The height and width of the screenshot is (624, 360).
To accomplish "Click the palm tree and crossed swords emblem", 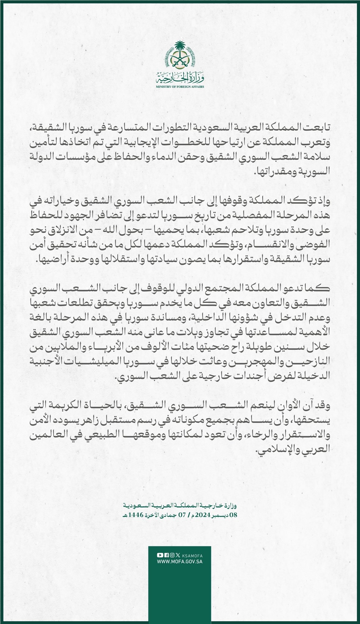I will (180, 56).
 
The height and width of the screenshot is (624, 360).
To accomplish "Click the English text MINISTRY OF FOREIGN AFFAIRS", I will (180, 87).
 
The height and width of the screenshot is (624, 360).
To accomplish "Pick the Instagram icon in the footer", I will (172, 555).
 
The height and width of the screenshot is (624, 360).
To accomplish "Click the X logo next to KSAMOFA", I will (178, 555).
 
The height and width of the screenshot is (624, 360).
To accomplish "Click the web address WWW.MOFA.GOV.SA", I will (180, 562).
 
